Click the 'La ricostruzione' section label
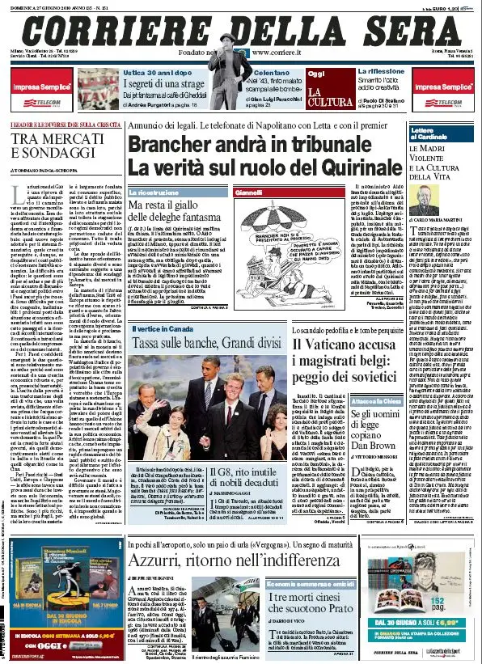click(158, 193)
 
